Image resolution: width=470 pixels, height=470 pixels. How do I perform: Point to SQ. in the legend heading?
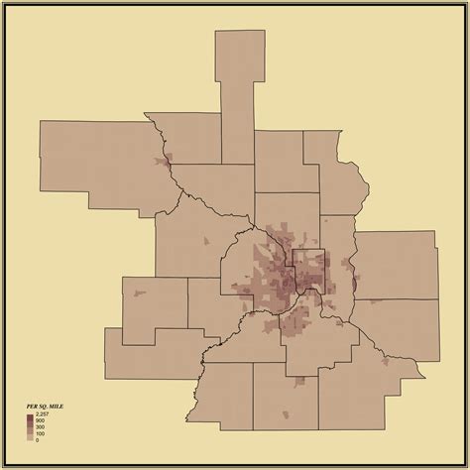(x=44, y=407)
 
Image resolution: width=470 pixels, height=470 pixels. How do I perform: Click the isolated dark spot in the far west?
(x=137, y=292)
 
